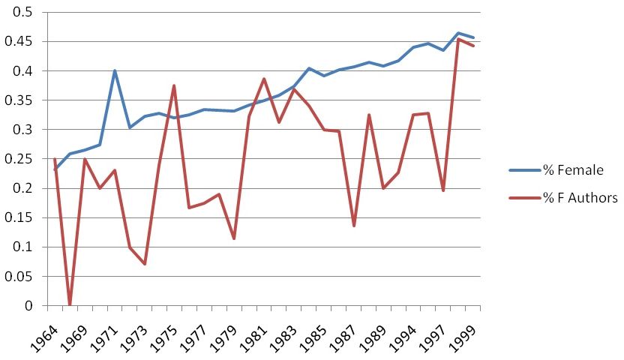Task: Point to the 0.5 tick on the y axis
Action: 24,13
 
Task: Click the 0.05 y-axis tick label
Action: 21,276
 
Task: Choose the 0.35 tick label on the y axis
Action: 21,100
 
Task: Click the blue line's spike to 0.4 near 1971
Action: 114,71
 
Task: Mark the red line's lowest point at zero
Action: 70,304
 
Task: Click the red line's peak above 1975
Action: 174,85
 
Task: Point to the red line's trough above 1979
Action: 234,238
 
